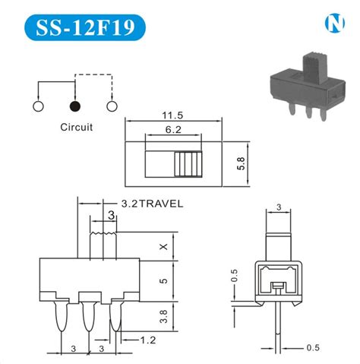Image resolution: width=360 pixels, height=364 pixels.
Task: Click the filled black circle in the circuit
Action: [x=74, y=106]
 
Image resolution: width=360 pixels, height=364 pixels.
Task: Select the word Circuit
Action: [x=76, y=127]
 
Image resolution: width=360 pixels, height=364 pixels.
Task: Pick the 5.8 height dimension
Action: [x=239, y=163]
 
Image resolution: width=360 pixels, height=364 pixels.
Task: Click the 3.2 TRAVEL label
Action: [x=152, y=204]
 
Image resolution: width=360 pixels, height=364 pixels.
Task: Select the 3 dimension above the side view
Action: [x=279, y=207]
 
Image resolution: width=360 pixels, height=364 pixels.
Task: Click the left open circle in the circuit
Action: [x=36, y=106]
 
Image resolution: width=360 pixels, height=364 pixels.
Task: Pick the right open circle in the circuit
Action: [x=112, y=106]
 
